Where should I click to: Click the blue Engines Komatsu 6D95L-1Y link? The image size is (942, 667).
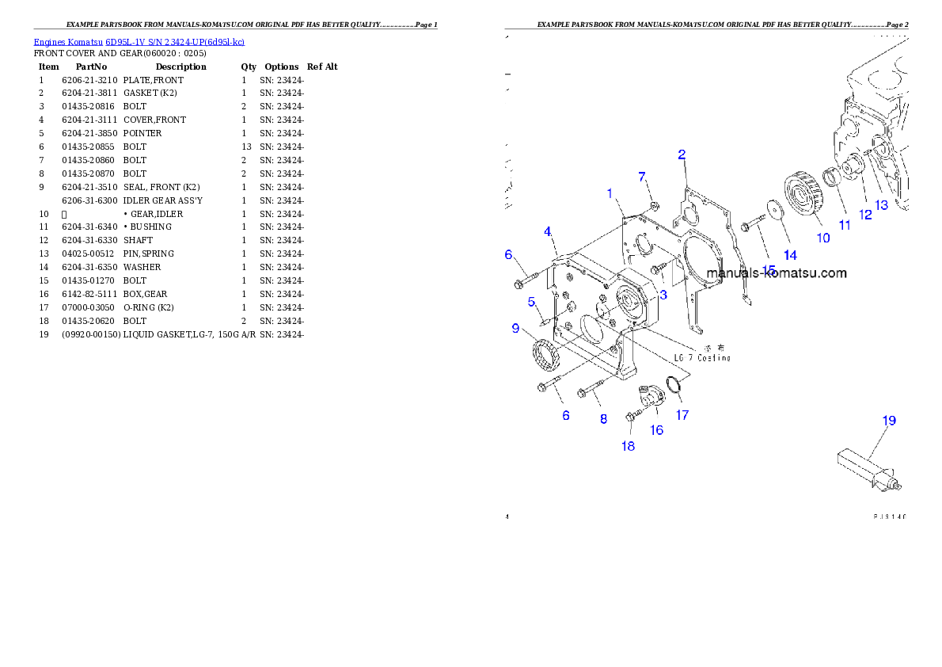[139, 42]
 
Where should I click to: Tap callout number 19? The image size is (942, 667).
[890, 421]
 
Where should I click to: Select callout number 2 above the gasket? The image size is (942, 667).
[682, 154]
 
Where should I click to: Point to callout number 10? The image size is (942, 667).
[823, 237]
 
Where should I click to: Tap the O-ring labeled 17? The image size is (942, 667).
[674, 386]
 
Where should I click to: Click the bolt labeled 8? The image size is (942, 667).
[590, 391]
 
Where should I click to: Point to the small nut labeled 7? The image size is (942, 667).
[654, 208]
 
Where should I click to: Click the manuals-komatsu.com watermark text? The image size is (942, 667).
[776, 273]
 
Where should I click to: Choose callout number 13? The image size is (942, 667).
[881, 204]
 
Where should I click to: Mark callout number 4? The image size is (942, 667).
[547, 231]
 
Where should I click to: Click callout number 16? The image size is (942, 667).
[657, 430]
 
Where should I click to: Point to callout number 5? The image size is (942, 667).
[532, 302]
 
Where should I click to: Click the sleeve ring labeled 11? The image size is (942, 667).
[833, 177]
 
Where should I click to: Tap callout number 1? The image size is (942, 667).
[610, 192]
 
